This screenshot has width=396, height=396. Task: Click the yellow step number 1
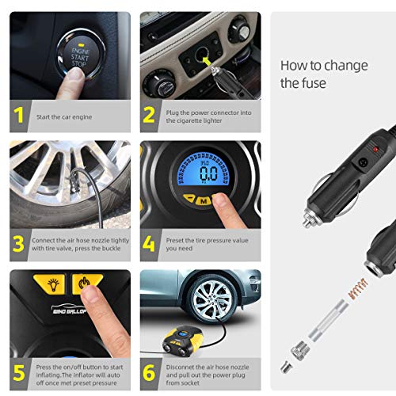pyautogui.click(x=19, y=115)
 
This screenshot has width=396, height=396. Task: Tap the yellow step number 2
pyautogui.click(x=149, y=115)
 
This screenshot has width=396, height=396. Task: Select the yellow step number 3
pyautogui.click(x=18, y=244)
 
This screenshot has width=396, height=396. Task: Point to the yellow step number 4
pyautogui.click(x=149, y=244)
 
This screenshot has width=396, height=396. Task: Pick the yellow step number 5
pyautogui.click(x=19, y=373)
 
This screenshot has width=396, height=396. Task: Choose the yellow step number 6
pyautogui.click(x=149, y=372)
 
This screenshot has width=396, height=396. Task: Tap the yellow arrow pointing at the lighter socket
pyautogui.click(x=207, y=62)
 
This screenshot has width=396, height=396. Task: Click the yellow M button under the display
pyautogui.click(x=204, y=201)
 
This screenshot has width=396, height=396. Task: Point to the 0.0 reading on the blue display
pyautogui.click(x=208, y=173)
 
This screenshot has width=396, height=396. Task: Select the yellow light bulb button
pyautogui.click(x=49, y=284)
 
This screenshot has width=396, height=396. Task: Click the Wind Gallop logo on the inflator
pyautogui.click(x=69, y=309)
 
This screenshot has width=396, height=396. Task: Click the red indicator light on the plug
pyautogui.click(x=375, y=150)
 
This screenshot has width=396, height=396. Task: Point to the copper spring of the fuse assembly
pyautogui.click(x=358, y=288)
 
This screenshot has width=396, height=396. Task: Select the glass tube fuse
pyautogui.click(x=327, y=320)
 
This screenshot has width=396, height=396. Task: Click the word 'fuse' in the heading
pyautogui.click(x=314, y=83)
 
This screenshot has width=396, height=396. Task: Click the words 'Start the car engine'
pyautogui.click(x=64, y=117)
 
